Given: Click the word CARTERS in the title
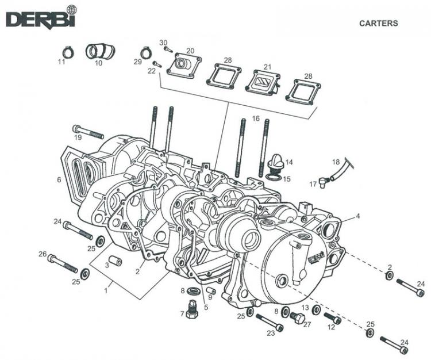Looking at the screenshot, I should coord(378,24).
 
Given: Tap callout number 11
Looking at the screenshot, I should coord(61,62).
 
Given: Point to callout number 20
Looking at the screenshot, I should coord(190,51).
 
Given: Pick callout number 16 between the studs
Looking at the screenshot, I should coord(256,118).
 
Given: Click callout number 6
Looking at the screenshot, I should coord(59,180).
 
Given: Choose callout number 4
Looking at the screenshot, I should coord(357,216).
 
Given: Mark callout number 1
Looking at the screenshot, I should coord(106,291).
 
